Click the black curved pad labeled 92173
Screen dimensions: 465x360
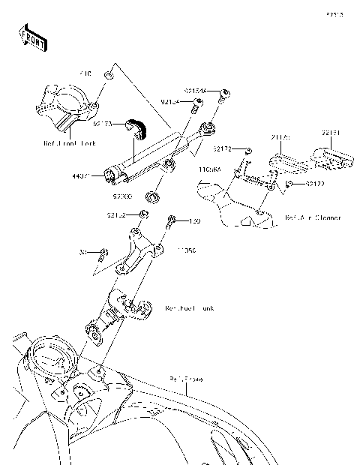[136, 128]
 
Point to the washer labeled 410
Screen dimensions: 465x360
[109, 75]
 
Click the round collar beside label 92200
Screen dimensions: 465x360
[153, 197]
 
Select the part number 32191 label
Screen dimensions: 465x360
[331, 133]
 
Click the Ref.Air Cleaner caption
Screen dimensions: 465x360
[313, 218]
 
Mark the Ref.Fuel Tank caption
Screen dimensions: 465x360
[190, 307]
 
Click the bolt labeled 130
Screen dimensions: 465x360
[172, 221]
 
